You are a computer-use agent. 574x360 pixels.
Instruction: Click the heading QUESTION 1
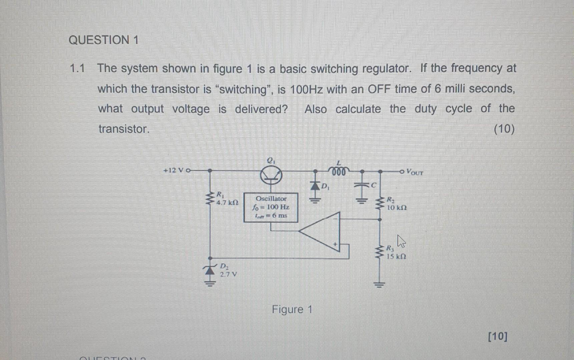(103, 40)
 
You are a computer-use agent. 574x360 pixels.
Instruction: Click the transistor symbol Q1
(271, 175)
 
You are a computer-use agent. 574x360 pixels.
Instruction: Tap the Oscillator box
(271, 207)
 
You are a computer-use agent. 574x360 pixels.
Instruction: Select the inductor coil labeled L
(339, 171)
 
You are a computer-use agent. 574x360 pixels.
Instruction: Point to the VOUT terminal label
(415, 172)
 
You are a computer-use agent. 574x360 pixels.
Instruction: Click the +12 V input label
(173, 170)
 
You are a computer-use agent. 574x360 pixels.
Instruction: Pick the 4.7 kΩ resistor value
(227, 202)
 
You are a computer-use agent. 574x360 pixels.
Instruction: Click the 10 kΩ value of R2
(397, 207)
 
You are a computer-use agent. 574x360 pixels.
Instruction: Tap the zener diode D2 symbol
(210, 270)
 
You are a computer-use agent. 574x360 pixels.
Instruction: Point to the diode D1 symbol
(315, 185)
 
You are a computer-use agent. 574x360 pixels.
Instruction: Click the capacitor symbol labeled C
(362, 185)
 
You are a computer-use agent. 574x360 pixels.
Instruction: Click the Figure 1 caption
(292, 309)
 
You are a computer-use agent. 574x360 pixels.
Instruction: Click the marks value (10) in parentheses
(504, 129)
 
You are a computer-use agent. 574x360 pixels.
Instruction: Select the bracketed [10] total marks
(497, 336)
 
